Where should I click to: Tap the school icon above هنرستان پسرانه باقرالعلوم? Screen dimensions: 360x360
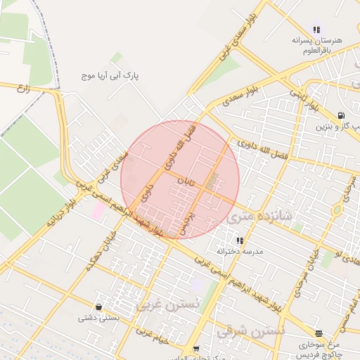pyautogui.click(x=316, y=30)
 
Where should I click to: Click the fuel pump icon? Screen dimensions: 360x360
pyautogui.click(x=340, y=115)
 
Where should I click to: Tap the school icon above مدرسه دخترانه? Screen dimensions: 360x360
pyautogui.click(x=240, y=240)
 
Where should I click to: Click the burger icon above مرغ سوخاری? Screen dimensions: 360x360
pyautogui.click(x=319, y=333)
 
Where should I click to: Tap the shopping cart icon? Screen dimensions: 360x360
pyautogui.click(x=195, y=349)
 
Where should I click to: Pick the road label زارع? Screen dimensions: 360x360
pyautogui.click(x=25, y=89)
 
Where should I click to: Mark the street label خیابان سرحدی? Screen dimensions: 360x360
pyautogui.click(x=349, y=188)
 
